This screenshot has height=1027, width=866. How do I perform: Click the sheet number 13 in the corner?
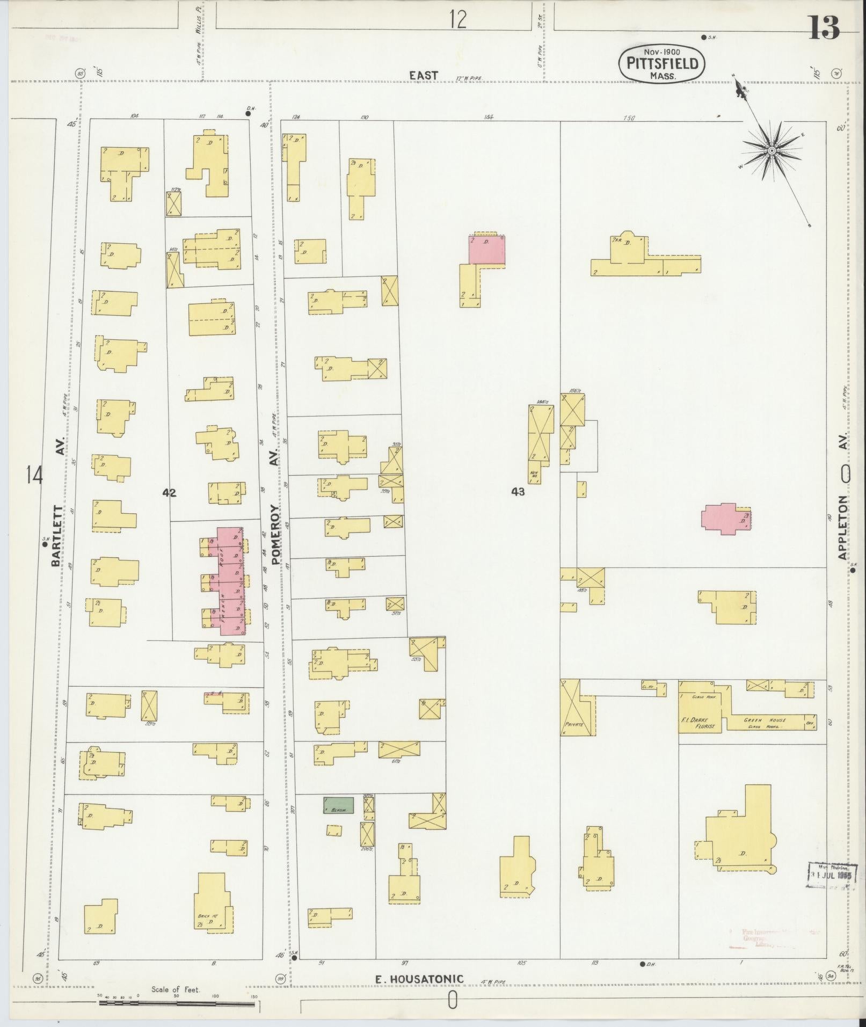pyautogui.click(x=824, y=27)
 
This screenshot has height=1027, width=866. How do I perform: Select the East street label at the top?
pyautogui.click(x=424, y=75)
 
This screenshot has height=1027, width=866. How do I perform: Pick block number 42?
pyautogui.click(x=170, y=492)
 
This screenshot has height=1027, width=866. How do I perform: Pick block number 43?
pyautogui.click(x=518, y=491)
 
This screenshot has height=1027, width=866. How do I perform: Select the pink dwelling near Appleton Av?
pyautogui.click(x=724, y=518)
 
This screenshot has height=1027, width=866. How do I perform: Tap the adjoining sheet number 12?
pyautogui.click(x=458, y=20)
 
